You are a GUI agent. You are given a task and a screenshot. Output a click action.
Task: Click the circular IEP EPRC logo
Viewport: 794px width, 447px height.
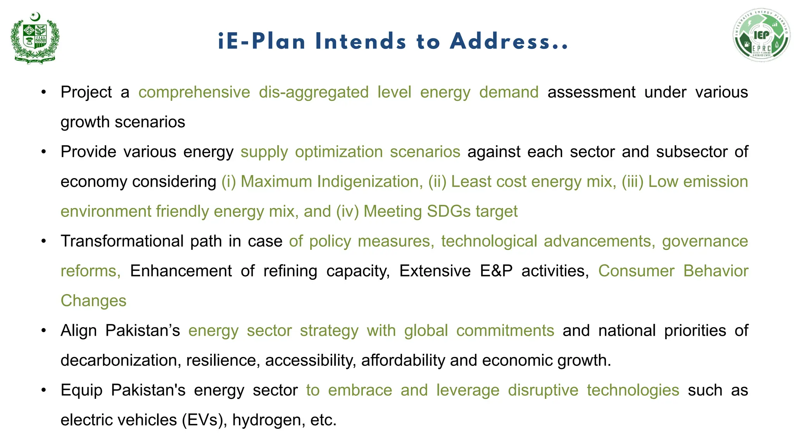click(x=761, y=36)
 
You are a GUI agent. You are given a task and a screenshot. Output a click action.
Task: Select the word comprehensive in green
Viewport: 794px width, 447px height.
click(x=194, y=92)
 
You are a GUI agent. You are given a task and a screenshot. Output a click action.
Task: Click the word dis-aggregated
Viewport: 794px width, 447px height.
click(x=314, y=92)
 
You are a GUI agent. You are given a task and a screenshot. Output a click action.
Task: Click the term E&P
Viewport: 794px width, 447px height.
click(x=496, y=271)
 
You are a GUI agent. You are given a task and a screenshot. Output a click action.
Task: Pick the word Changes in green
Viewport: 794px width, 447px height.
click(x=93, y=301)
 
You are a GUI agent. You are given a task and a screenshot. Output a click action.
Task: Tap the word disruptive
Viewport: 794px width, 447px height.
click(x=543, y=390)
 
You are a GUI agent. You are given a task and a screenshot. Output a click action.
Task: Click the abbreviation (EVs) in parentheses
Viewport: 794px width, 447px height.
click(x=205, y=420)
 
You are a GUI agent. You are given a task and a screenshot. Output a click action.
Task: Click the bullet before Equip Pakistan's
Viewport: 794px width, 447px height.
click(x=44, y=390)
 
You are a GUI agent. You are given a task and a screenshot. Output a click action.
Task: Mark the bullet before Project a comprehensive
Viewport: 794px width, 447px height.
click(x=44, y=92)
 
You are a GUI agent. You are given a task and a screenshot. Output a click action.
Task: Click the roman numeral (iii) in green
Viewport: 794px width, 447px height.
click(x=632, y=182)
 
